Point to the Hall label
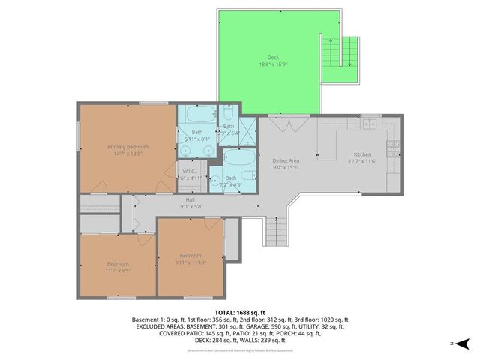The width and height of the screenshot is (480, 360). (190, 199)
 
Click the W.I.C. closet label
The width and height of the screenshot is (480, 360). (190, 171)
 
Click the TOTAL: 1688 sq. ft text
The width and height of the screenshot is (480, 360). (240, 311)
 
